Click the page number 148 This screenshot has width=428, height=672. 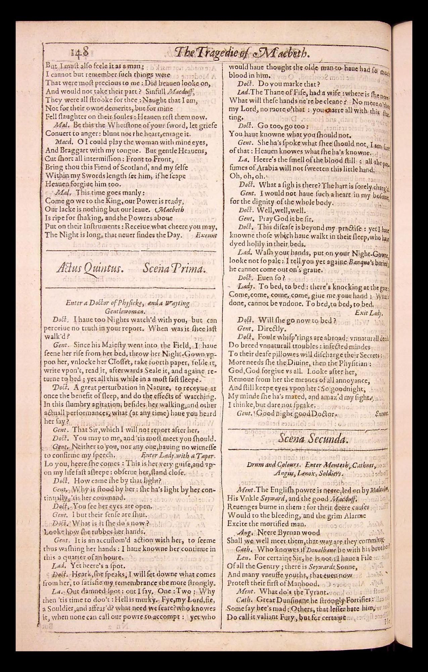[x=80, y=53]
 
